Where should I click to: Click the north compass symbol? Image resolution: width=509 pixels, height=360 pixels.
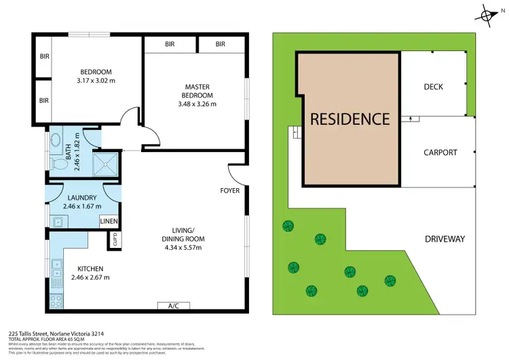pyautogui.click(x=487, y=14)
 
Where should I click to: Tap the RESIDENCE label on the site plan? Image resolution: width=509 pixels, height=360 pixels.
pyautogui.click(x=350, y=119)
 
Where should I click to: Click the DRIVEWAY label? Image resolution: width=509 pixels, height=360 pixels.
pyautogui.click(x=445, y=239)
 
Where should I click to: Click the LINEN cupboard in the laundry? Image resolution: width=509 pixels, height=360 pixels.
pyautogui.click(x=109, y=221)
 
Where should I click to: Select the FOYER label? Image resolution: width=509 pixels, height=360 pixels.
pyautogui.click(x=229, y=191)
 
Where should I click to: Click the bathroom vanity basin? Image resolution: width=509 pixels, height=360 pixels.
pyautogui.click(x=56, y=139)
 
